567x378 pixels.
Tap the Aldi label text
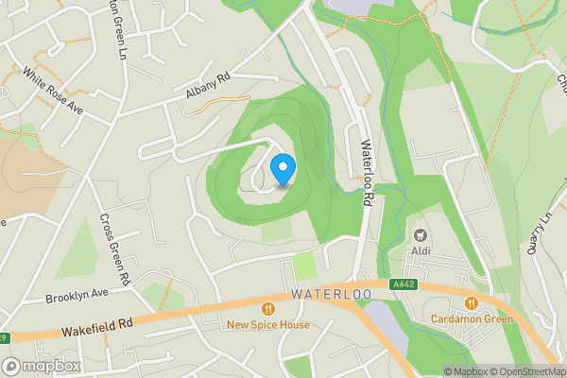[421, 251]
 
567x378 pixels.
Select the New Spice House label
[268, 325]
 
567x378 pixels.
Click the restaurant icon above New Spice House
[268, 308]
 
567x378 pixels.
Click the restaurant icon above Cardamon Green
[471, 302]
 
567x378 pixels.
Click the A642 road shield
[402, 283]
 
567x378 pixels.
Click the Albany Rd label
[208, 88]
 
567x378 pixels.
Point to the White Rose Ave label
[53, 92]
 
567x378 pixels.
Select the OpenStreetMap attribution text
[525, 371]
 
